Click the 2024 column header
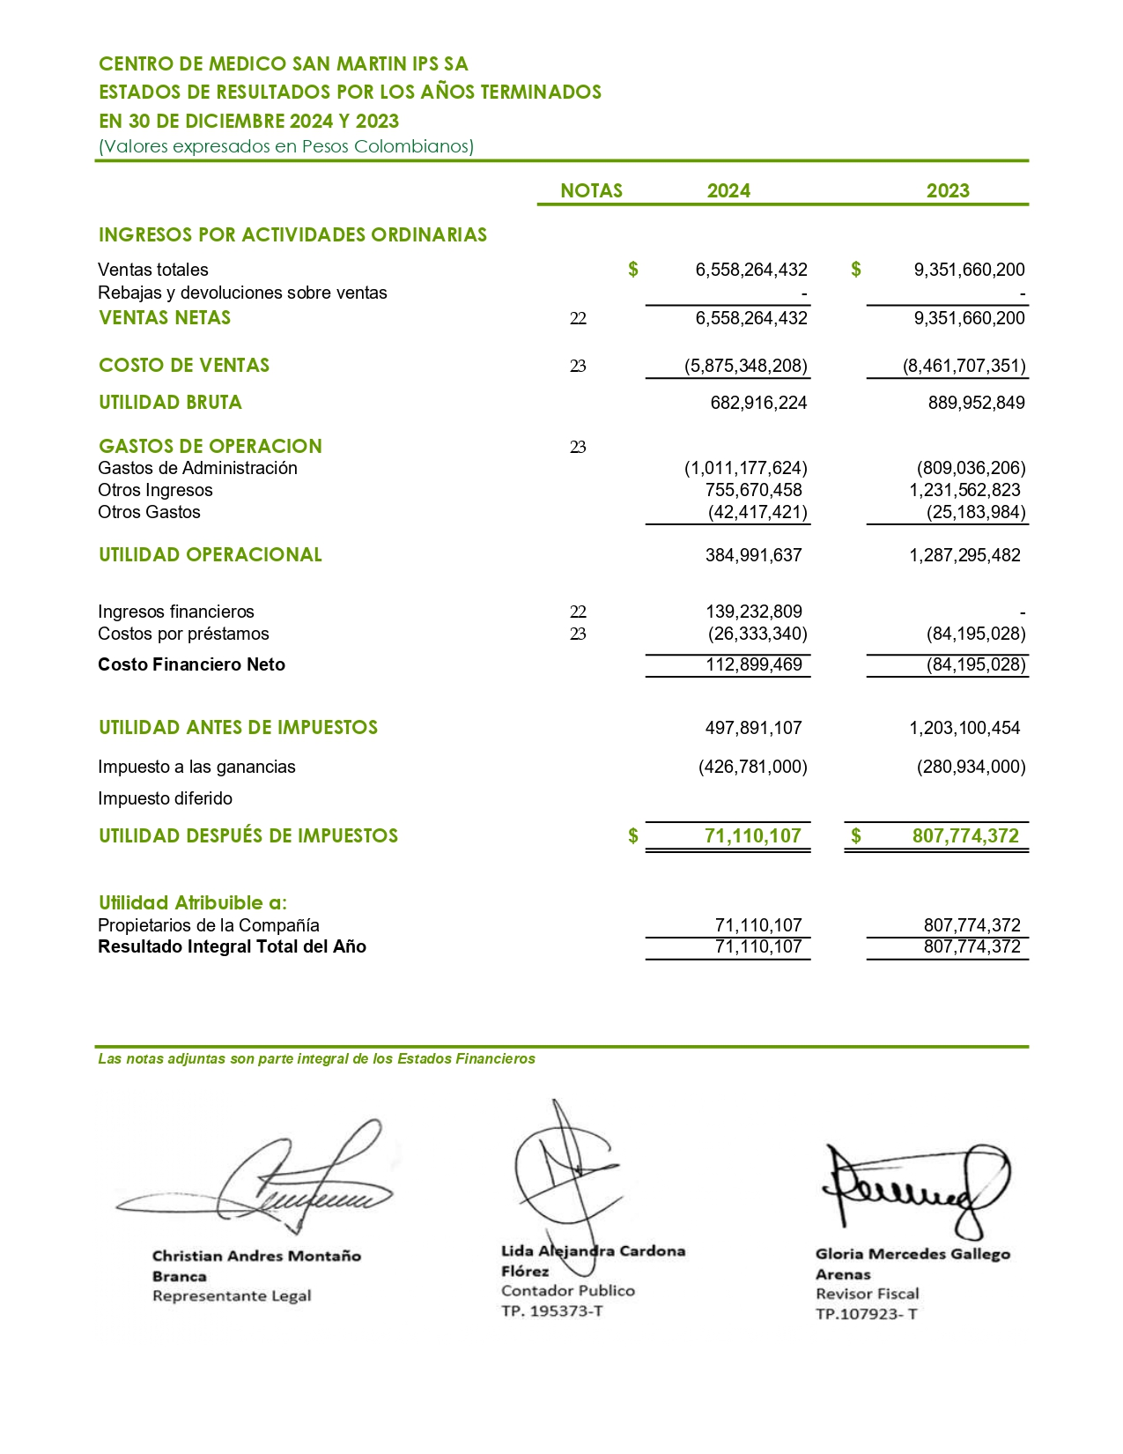(x=728, y=190)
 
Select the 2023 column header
(x=948, y=190)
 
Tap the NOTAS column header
(x=591, y=190)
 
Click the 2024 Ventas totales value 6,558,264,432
(x=751, y=270)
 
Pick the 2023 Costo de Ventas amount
(x=964, y=366)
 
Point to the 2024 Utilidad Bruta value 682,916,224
(x=758, y=403)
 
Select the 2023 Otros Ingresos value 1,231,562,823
(x=964, y=490)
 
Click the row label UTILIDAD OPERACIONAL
(x=211, y=554)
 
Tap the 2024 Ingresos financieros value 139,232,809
(x=753, y=612)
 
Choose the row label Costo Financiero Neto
(x=191, y=664)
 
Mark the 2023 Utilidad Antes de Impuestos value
(x=964, y=728)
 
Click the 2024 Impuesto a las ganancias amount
(x=753, y=767)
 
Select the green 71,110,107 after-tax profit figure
(x=753, y=835)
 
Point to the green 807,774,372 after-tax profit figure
(x=965, y=835)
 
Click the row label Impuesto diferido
(x=166, y=798)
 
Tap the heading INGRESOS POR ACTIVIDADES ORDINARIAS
(x=292, y=234)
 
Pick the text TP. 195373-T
(x=552, y=1310)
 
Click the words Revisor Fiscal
(x=867, y=1294)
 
